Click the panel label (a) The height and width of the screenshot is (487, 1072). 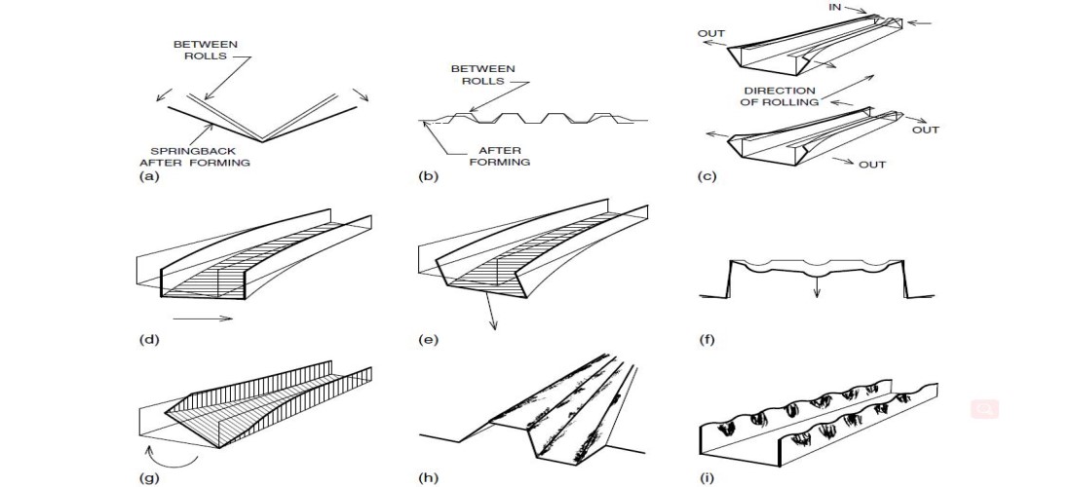point(150,177)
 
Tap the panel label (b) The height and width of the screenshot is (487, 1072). point(427,177)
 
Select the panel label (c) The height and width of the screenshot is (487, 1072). point(708,177)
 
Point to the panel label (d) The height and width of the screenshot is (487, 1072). point(150,339)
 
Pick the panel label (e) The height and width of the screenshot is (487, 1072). point(427,339)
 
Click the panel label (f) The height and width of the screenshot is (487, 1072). point(708,339)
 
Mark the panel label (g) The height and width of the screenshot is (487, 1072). point(150,478)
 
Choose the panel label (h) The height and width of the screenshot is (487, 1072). point(427,478)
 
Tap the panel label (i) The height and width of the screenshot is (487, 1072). point(708,478)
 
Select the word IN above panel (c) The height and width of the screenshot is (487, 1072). point(835,6)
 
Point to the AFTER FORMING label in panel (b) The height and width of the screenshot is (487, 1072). point(498,156)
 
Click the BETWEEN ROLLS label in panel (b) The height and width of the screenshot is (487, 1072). point(482,75)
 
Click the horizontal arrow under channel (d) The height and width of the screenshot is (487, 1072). point(204,317)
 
